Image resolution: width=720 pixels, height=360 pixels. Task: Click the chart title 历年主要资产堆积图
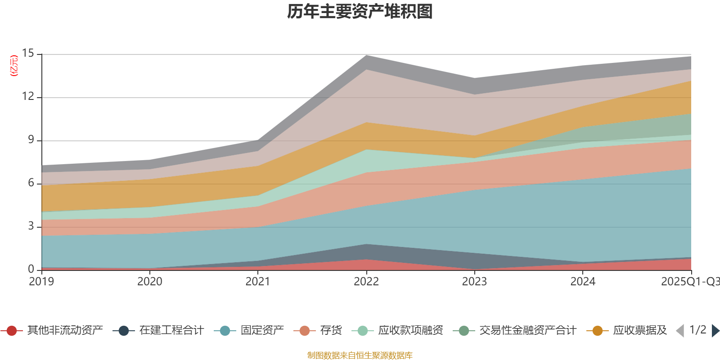coord(360,12)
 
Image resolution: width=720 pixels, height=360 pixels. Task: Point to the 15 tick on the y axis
coord(28,54)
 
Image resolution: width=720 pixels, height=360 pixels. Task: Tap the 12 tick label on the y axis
coord(28,96)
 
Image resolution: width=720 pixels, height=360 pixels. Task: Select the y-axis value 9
coord(31,139)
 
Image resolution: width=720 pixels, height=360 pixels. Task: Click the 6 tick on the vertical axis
coord(31,183)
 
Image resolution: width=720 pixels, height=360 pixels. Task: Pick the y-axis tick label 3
coord(31,226)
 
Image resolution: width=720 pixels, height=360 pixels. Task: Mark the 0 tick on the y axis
coord(31,269)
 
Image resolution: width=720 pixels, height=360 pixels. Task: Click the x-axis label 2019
coord(41,282)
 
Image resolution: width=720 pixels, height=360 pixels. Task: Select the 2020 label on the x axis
coord(149,282)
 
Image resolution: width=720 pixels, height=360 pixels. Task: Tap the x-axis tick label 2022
coord(366,282)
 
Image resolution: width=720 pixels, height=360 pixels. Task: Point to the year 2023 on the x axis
coord(474,282)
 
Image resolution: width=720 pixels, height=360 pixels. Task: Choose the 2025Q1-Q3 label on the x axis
coord(689,282)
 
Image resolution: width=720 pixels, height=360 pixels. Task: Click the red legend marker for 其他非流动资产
coord(12,331)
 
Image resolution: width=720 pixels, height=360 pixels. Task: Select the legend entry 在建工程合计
coord(171,331)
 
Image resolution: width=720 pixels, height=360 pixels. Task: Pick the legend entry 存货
coord(331,331)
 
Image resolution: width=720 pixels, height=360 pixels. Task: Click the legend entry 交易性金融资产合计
coord(527,331)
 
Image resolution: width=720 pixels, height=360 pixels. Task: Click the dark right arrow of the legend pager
coord(715,331)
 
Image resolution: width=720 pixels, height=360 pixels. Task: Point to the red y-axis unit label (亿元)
coord(14,66)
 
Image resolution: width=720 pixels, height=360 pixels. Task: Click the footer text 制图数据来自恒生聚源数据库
coord(360,355)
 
